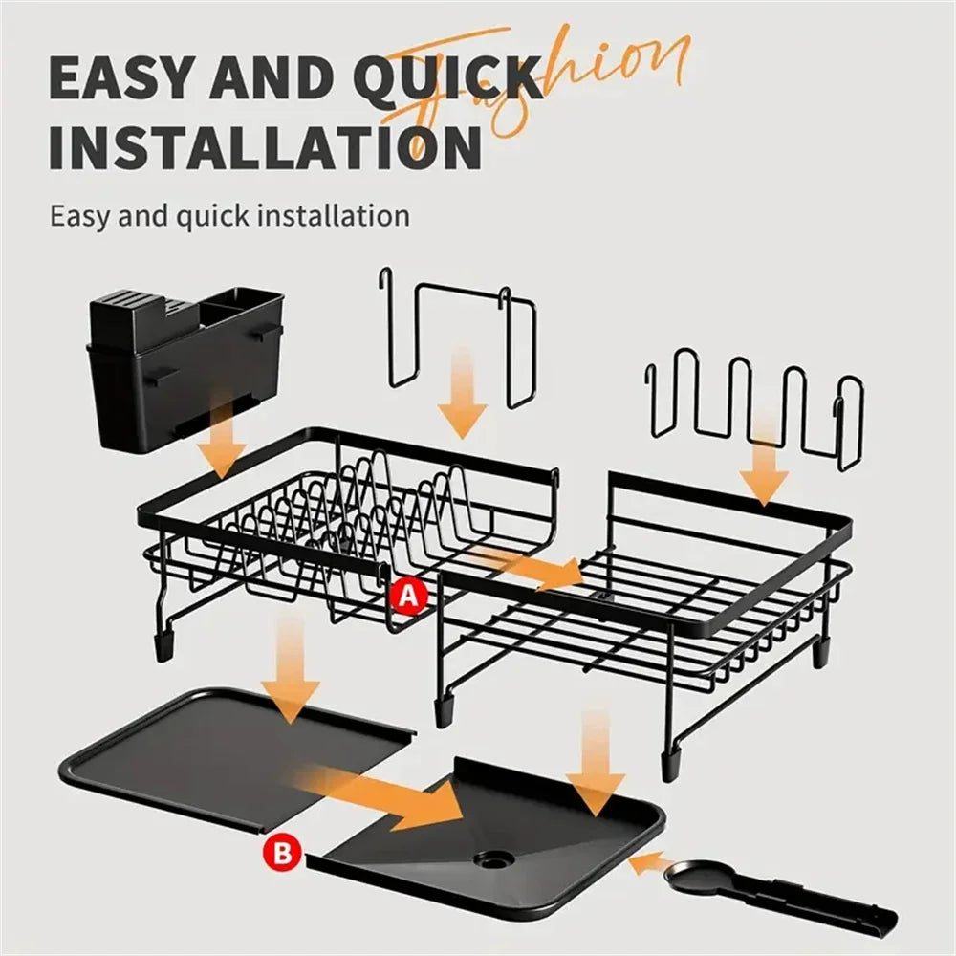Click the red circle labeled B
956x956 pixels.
283,850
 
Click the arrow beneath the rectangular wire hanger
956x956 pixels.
464,396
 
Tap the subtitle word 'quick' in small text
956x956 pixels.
215,215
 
